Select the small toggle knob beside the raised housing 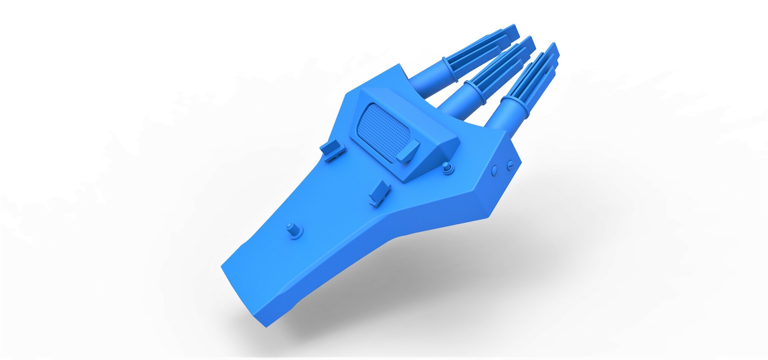pos(447,168)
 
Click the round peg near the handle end pos(293,230)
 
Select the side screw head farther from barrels pos(495,170)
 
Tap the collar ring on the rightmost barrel pos(515,106)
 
